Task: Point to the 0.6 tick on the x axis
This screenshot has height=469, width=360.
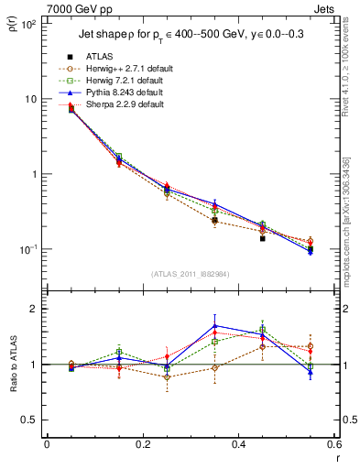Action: pyautogui.click(x=334, y=444)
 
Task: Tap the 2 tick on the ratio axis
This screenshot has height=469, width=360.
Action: pyautogui.click(x=37, y=309)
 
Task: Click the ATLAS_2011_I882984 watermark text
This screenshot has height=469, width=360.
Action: pyautogui.click(x=191, y=274)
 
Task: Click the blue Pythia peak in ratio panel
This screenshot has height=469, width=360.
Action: pyautogui.click(x=215, y=325)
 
